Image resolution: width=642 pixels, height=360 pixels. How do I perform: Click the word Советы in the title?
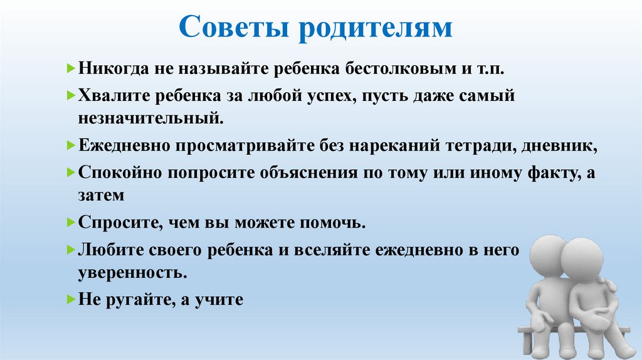[235, 29]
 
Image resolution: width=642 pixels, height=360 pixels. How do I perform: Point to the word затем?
[102, 194]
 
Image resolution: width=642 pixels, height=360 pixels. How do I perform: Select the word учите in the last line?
[218, 300]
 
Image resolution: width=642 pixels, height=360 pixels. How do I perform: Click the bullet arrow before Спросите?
[71, 223]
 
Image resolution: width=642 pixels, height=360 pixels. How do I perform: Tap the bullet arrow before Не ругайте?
[71, 300]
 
